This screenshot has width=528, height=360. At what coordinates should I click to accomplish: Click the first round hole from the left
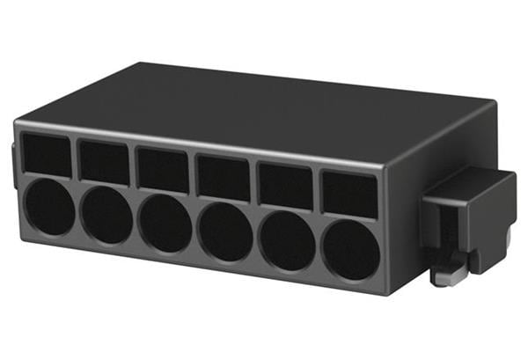pyautogui.click(x=50, y=209)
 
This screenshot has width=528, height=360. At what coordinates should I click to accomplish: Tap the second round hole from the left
pyautogui.click(x=107, y=215)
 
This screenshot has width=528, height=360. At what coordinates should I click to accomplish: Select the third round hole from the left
pyautogui.click(x=165, y=223)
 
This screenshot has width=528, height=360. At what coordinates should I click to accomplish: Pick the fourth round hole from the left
pyautogui.click(x=224, y=231)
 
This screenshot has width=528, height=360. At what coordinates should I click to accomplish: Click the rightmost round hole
pyautogui.click(x=349, y=249)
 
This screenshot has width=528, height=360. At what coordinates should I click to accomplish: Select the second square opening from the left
pyautogui.click(x=105, y=161)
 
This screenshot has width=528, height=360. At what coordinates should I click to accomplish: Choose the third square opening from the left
pyautogui.click(x=163, y=169)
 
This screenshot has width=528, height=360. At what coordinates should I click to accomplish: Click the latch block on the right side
pyautogui.click(x=471, y=211)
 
